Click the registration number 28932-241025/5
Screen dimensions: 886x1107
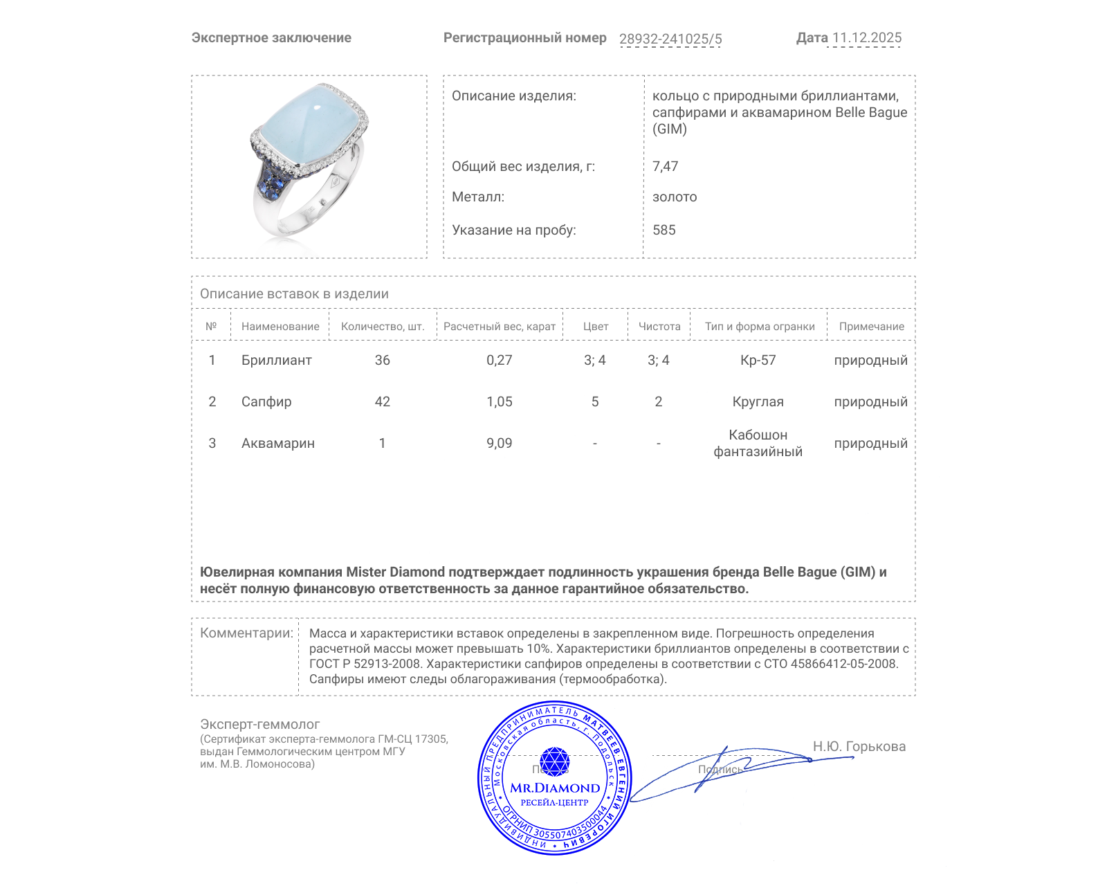(670, 39)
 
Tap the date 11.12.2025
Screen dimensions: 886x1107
(866, 38)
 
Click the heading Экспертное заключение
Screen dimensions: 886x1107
(271, 38)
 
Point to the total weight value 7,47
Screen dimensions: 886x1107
(665, 166)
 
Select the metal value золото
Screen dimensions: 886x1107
(675, 197)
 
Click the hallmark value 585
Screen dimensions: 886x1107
(664, 230)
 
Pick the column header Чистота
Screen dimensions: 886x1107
(659, 326)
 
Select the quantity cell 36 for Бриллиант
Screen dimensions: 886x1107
(382, 360)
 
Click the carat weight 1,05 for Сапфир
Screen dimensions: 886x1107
(499, 401)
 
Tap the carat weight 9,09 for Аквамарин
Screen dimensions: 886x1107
(499, 443)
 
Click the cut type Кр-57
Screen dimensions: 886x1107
(758, 360)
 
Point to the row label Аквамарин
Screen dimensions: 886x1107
(277, 443)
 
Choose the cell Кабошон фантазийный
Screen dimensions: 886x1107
(758, 443)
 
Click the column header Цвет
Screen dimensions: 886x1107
(595, 326)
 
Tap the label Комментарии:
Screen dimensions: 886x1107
(246, 633)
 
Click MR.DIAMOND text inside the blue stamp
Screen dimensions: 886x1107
(555, 788)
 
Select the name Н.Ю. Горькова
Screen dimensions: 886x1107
(859, 746)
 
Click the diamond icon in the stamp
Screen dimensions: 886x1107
(554, 761)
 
